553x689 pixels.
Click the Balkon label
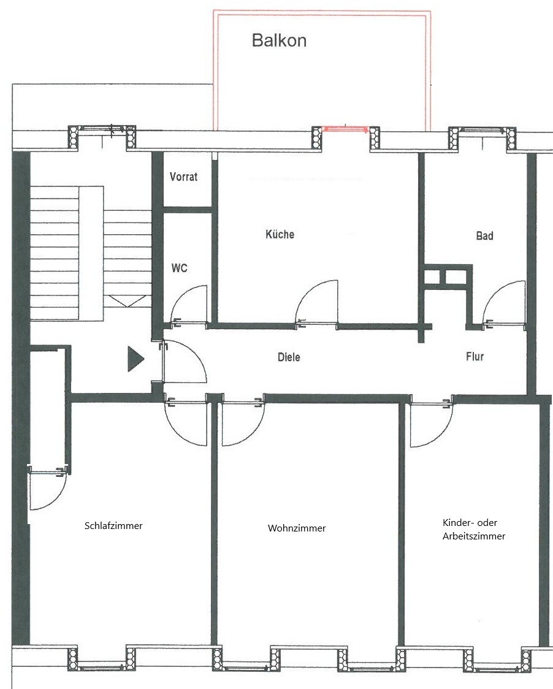(279, 40)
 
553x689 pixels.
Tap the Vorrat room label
(183, 177)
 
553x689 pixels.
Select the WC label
(180, 268)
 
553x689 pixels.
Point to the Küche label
(280, 234)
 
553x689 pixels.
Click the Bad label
(484, 236)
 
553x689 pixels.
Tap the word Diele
(289, 357)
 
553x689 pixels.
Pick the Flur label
(475, 356)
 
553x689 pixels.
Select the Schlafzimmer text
(113, 525)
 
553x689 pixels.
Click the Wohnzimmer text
(297, 528)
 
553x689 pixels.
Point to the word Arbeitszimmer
(474, 536)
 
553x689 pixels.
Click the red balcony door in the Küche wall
(346, 129)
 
